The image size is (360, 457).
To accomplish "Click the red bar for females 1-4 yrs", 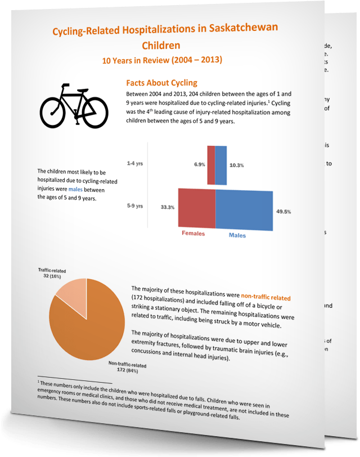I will (211, 165).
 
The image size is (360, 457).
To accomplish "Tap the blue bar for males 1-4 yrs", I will (221, 165).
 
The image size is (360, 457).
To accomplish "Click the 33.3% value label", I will (167, 207).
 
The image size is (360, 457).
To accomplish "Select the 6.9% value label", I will (199, 164).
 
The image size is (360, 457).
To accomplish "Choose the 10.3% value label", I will (236, 165).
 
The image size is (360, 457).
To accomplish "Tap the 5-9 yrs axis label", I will (135, 206).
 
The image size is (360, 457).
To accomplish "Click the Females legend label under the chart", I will (192, 233).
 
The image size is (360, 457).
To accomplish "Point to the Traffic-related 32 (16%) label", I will (52, 274).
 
